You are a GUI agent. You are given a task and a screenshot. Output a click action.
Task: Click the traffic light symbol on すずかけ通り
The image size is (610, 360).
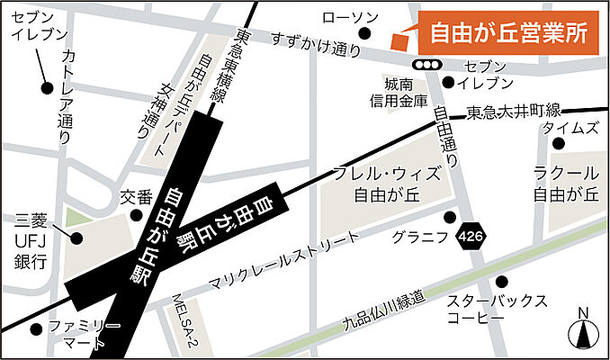[x=426, y=64]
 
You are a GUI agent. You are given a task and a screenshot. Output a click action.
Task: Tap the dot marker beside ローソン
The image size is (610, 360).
[x=364, y=34]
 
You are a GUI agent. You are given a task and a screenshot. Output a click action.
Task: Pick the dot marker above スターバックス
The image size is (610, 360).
[x=501, y=281]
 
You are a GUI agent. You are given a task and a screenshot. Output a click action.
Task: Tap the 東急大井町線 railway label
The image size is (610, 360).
[x=514, y=112]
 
